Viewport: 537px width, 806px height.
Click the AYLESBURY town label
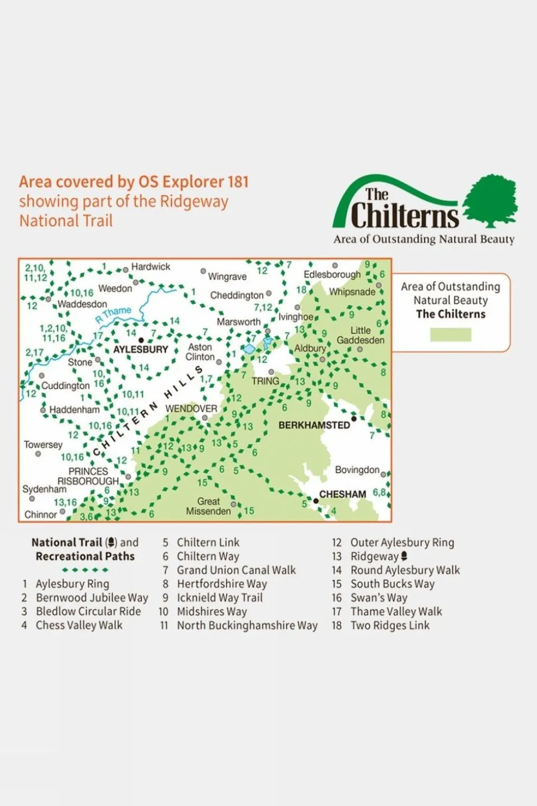(x=141, y=350)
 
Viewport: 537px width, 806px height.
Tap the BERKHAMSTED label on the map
(x=314, y=425)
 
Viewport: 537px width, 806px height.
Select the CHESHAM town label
(x=342, y=494)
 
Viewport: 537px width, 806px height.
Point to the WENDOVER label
(x=191, y=409)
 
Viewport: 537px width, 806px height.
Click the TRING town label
(x=265, y=381)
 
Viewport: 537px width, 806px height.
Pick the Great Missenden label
(x=208, y=506)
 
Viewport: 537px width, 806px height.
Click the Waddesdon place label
(x=82, y=304)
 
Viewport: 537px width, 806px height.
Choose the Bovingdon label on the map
(x=357, y=470)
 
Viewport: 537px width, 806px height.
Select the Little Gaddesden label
(x=361, y=336)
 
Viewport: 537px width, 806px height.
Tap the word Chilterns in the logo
(x=404, y=216)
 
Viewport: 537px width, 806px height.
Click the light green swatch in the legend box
(x=450, y=334)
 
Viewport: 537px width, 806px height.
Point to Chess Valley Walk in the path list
(x=79, y=625)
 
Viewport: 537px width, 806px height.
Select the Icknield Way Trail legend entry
(x=220, y=598)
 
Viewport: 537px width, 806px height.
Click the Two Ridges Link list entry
(x=390, y=625)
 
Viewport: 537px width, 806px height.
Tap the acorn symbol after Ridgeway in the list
(x=404, y=556)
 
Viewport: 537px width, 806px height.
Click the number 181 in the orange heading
(x=237, y=182)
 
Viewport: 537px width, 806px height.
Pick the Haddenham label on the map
(x=74, y=410)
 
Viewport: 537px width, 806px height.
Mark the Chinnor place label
(x=41, y=514)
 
